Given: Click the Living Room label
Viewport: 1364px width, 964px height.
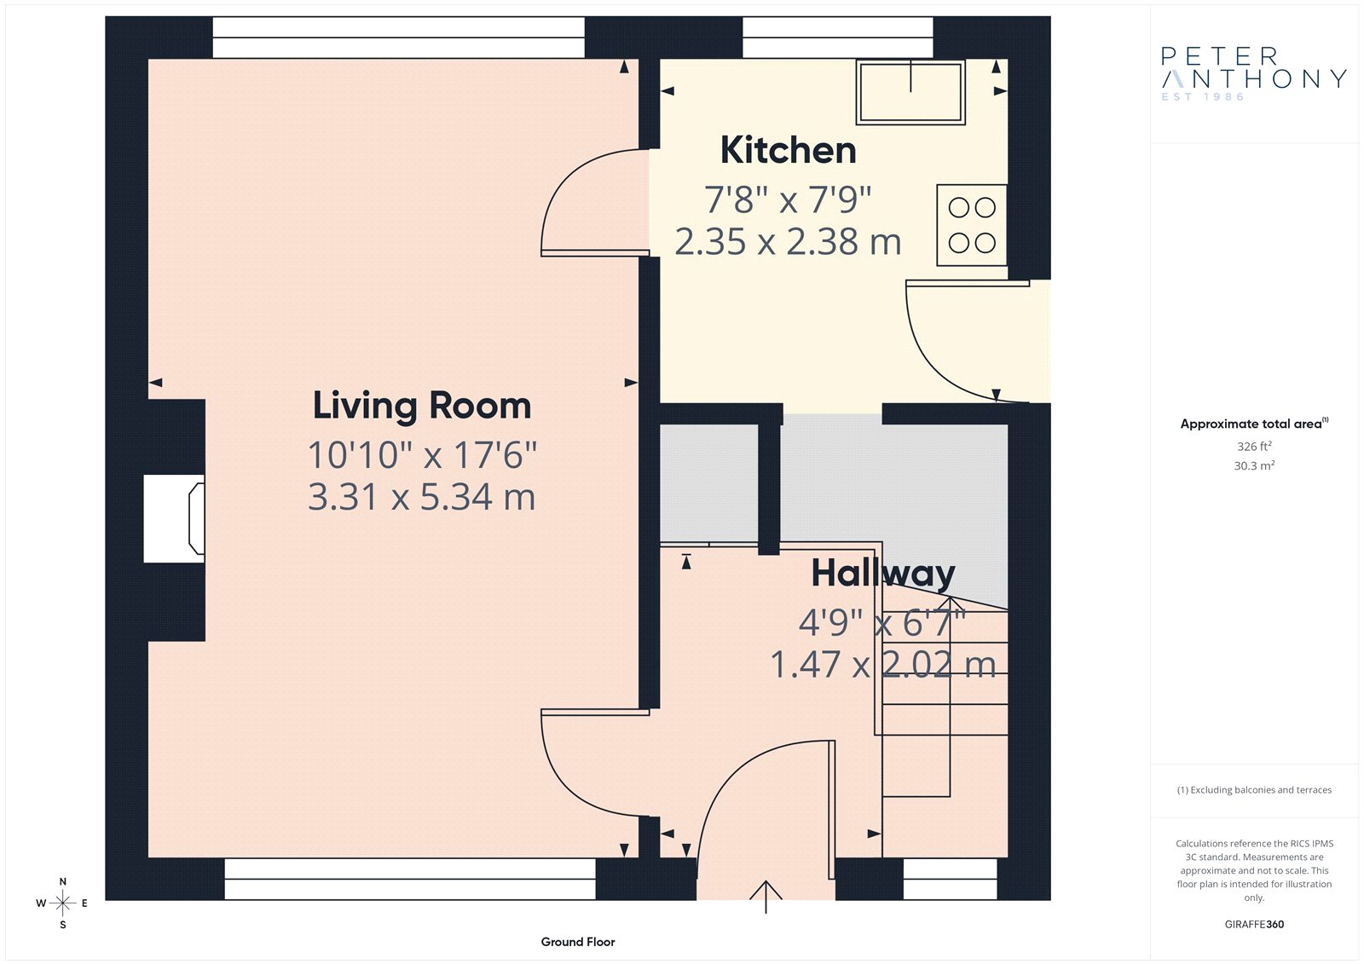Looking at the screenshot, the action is [x=422, y=407].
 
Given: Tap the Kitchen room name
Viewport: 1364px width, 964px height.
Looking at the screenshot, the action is [x=788, y=150].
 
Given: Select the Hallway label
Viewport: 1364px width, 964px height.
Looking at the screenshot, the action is [x=883, y=574].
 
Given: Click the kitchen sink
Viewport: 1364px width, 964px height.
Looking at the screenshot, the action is [x=910, y=92].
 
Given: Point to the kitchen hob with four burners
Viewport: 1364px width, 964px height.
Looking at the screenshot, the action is [x=971, y=225].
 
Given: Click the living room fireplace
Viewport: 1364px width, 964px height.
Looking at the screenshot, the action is [x=174, y=518].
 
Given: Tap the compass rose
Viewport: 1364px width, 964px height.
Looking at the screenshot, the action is [x=63, y=903].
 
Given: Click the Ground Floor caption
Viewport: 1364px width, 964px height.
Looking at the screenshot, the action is [x=578, y=942].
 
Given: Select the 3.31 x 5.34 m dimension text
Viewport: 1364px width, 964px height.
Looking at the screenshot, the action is [x=421, y=497].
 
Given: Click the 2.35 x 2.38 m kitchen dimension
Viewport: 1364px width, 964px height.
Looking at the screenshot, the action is [x=788, y=242].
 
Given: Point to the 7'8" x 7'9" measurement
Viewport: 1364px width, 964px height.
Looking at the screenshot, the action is [x=788, y=199].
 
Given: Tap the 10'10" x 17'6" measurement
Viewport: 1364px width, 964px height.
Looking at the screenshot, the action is [x=422, y=455].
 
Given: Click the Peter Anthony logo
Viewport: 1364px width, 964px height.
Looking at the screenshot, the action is [x=1254, y=73].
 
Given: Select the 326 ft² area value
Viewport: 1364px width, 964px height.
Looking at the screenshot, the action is [x=1254, y=447].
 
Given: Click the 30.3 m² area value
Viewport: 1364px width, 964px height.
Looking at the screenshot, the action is [x=1254, y=466].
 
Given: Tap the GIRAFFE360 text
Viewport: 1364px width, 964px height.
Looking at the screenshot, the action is [x=1254, y=925].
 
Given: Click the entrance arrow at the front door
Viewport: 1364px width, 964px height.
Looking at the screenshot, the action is [x=766, y=897].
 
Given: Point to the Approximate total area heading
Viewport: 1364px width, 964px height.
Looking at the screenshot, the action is [x=1254, y=424].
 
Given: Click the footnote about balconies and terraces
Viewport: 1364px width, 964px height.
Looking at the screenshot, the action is [x=1254, y=790].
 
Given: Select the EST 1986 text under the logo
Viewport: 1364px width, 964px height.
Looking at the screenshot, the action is [x=1203, y=97].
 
